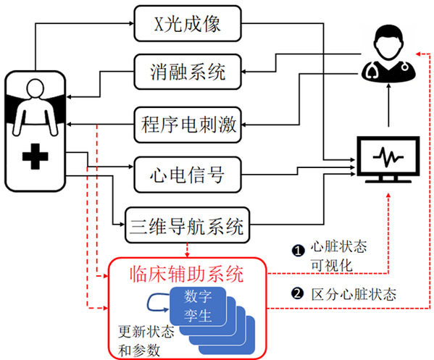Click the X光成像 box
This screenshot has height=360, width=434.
click(x=188, y=23)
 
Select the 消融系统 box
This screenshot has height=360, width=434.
click(x=188, y=72)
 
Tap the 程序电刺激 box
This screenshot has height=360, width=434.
click(x=188, y=125)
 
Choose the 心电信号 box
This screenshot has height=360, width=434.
click(x=188, y=175)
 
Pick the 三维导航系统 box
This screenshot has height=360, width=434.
click(x=188, y=225)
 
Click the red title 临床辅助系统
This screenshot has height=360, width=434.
click(x=187, y=274)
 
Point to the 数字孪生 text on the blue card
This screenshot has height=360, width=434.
click(x=198, y=306)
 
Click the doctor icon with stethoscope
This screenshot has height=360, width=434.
click(x=388, y=54)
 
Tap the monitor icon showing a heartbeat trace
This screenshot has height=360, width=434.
click(x=388, y=159)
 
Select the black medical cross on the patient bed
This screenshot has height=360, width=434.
click(x=36, y=156)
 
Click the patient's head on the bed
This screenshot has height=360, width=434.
click(x=36, y=88)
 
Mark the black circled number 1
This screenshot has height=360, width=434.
click(x=298, y=251)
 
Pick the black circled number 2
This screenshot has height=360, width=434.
click(x=298, y=293)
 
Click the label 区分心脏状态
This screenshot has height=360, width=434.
click(x=354, y=294)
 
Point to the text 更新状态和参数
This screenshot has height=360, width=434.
click(x=146, y=341)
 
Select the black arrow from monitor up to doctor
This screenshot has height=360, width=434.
click(x=388, y=105)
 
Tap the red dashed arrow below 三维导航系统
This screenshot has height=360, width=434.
click(x=188, y=251)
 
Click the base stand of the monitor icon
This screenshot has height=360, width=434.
click(x=388, y=180)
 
